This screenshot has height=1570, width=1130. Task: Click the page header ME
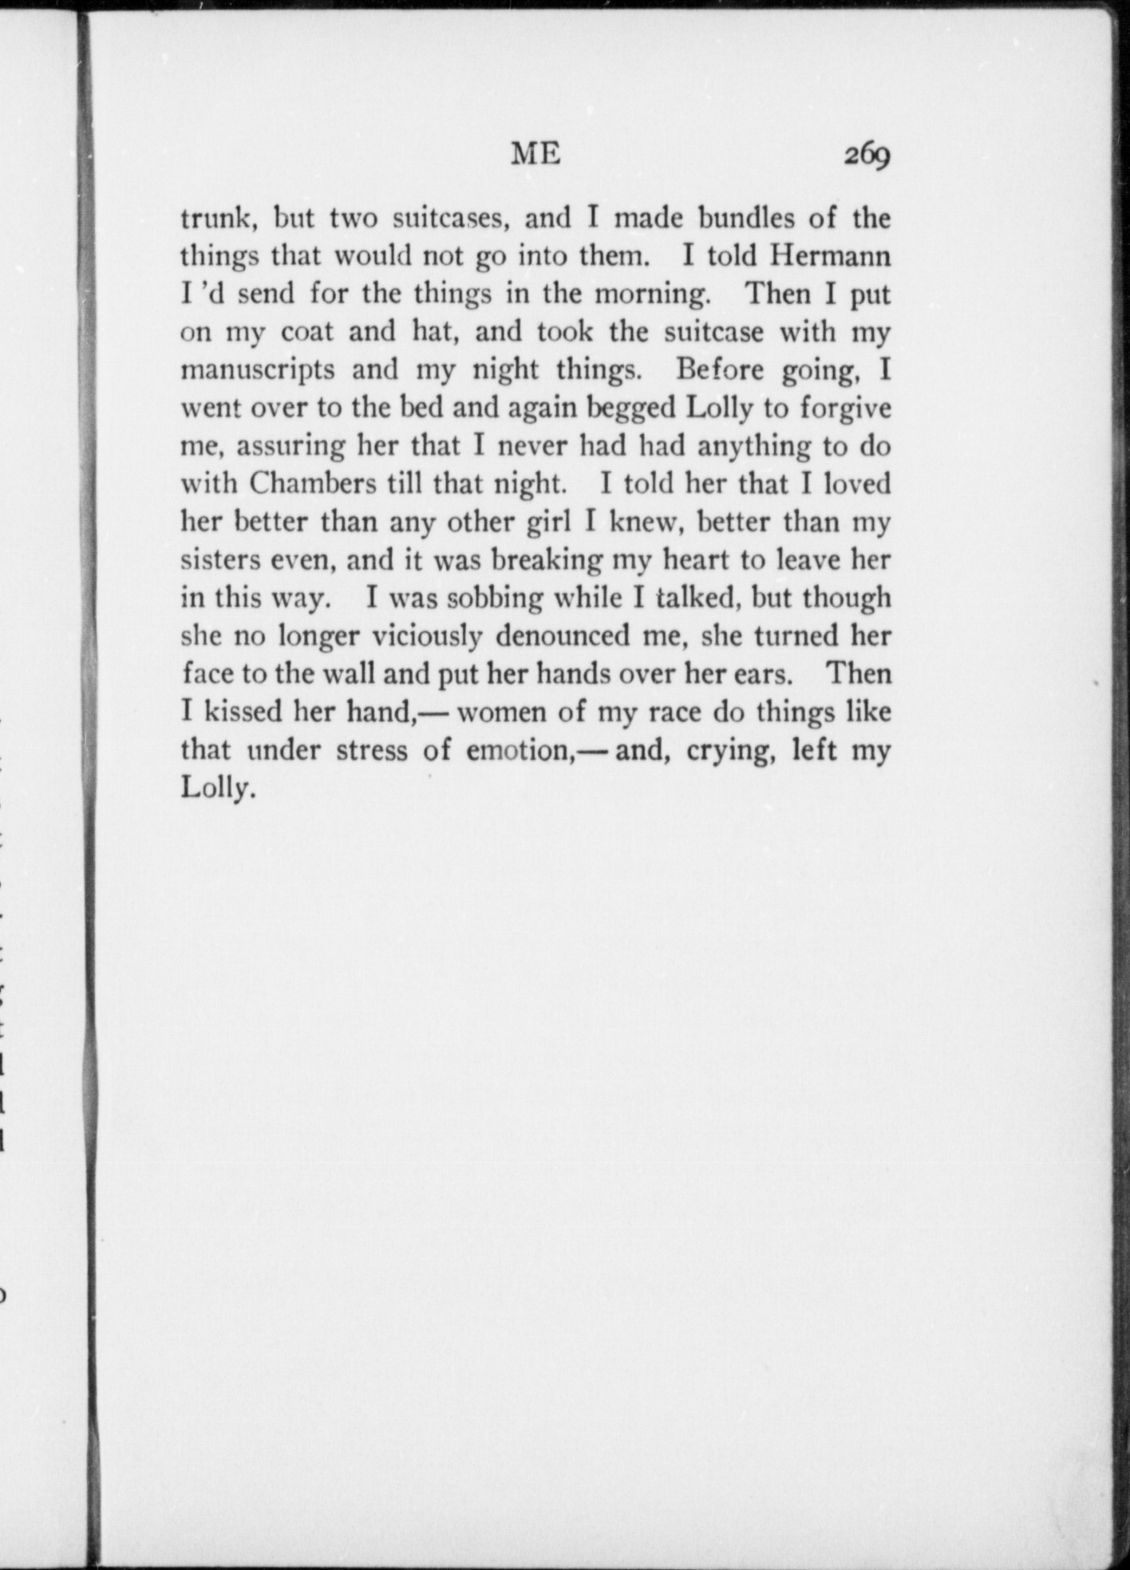535,152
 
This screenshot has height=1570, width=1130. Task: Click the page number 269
867,155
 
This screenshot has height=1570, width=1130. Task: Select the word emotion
516,751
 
